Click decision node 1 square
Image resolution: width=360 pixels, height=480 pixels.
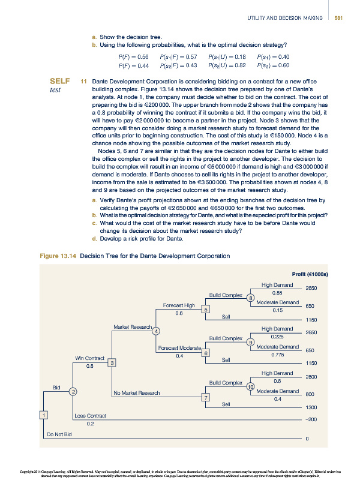click(x=43, y=415)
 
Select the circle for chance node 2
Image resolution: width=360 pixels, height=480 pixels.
click(x=73, y=392)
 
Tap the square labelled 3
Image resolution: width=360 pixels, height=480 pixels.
click(x=112, y=362)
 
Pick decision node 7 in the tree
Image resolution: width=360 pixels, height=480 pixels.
click(x=206, y=398)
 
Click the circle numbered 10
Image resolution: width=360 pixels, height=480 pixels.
click(x=251, y=387)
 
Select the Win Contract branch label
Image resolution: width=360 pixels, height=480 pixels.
click(x=89, y=358)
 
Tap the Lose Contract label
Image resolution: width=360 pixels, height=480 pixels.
click(x=90, y=415)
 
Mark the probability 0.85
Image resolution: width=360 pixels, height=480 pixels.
click(x=277, y=292)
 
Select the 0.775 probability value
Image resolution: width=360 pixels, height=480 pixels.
click(x=277, y=355)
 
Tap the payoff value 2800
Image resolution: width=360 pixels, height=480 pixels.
click(x=311, y=376)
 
